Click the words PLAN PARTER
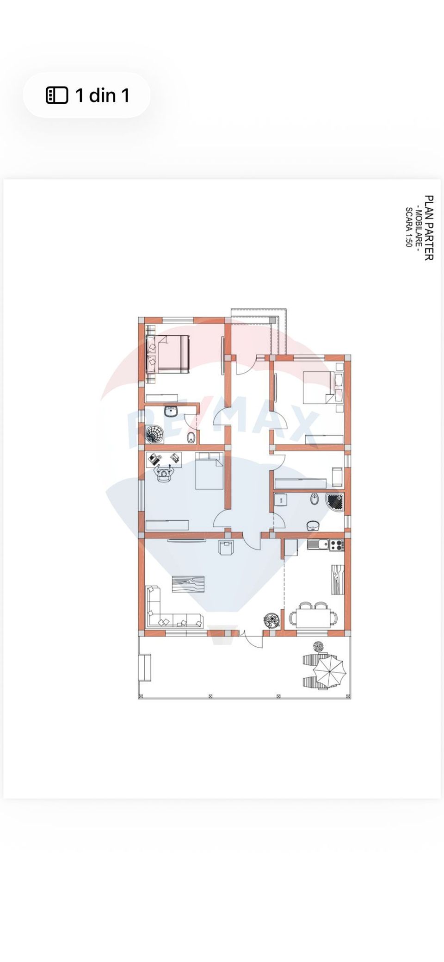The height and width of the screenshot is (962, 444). (x=429, y=228)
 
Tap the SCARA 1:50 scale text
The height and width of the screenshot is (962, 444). (x=408, y=227)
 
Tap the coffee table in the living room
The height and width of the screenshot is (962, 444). (x=188, y=584)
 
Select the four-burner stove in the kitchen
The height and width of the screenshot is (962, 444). (x=337, y=545)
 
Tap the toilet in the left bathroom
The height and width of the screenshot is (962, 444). (x=191, y=437)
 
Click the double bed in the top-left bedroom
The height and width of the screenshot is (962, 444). (x=169, y=354)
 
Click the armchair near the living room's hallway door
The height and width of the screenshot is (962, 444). (x=227, y=548)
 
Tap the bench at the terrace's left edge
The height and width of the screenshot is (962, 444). (x=145, y=668)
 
